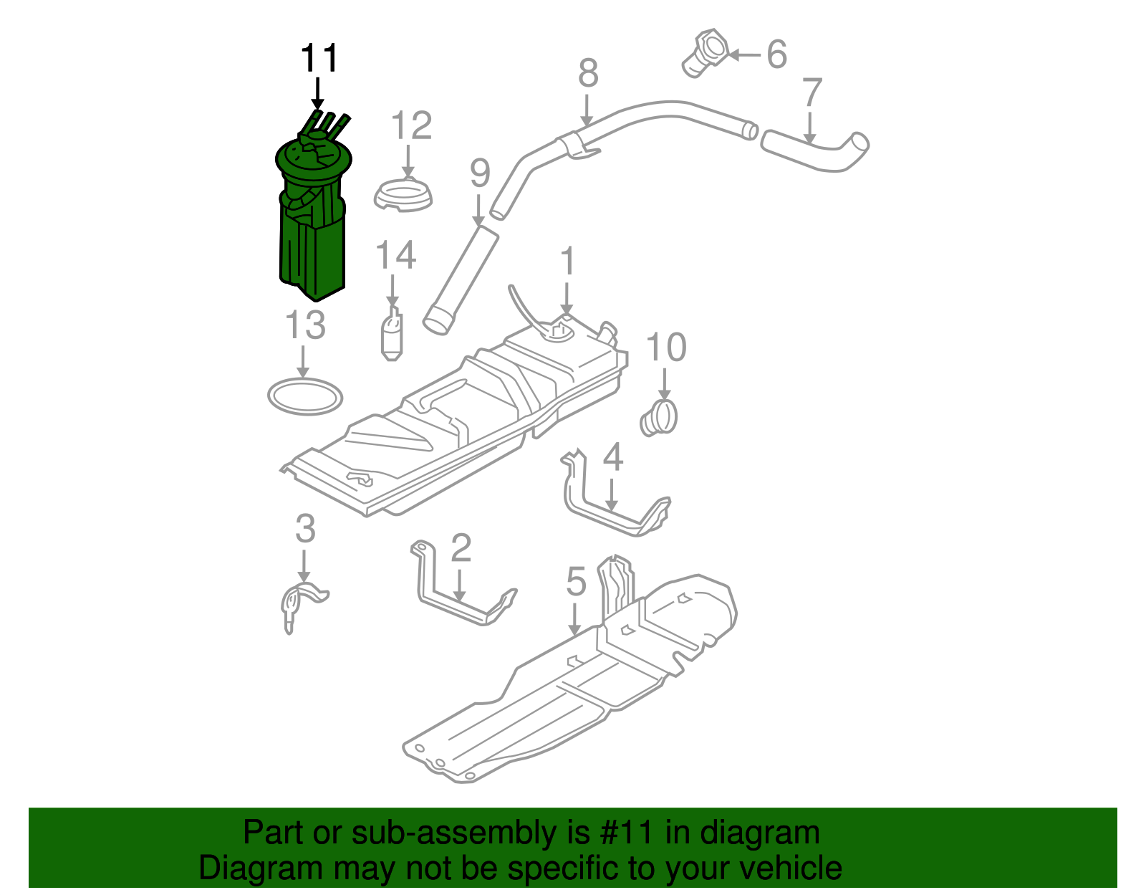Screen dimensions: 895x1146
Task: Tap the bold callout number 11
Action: (x=319, y=59)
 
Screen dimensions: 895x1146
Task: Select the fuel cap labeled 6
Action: (x=705, y=52)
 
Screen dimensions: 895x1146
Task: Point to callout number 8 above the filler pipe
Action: (x=588, y=73)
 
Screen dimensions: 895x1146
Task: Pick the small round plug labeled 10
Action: (x=660, y=418)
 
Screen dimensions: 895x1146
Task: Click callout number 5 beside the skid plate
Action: (x=576, y=581)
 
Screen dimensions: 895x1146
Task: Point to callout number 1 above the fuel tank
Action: (x=567, y=262)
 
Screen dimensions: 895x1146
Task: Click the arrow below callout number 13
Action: (x=304, y=363)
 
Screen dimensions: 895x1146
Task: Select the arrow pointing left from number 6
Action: (x=744, y=54)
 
